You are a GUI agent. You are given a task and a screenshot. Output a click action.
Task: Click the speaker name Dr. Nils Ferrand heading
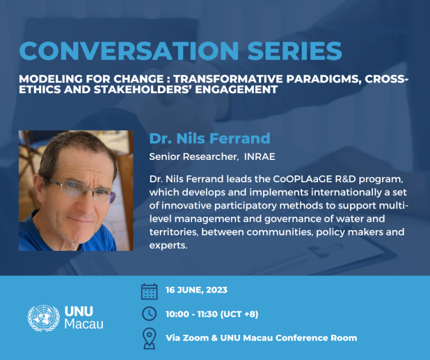[209, 138]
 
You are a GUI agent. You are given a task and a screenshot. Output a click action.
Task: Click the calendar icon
[149, 291]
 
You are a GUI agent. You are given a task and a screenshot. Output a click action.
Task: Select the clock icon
[149, 313]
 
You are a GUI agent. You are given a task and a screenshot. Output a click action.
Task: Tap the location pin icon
[149, 338]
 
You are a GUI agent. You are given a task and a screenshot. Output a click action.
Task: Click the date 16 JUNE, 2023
[196, 290]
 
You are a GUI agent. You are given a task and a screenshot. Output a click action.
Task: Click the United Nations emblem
[43, 318]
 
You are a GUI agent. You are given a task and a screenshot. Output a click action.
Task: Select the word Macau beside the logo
[85, 324]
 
